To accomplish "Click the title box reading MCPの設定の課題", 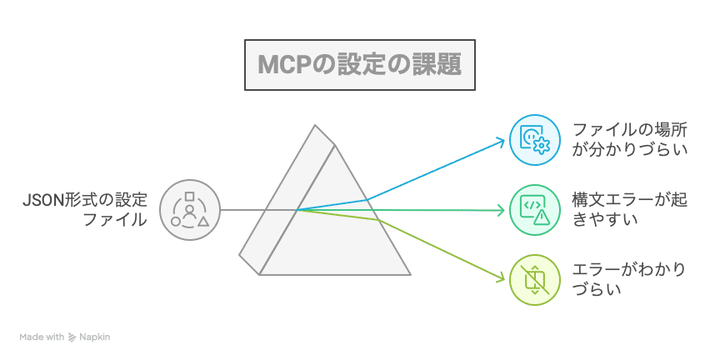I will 358,63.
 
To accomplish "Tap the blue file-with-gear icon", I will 534,139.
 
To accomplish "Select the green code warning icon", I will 534,210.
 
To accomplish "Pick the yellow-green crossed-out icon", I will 534,280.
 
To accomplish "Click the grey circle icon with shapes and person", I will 190,210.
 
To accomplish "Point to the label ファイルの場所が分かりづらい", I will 630,139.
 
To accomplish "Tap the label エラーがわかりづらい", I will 630,280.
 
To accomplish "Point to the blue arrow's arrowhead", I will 502,141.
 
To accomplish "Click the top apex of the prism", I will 316,127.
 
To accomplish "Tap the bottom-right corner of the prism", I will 409,273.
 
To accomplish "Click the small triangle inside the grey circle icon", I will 203,222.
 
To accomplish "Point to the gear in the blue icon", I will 542,146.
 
